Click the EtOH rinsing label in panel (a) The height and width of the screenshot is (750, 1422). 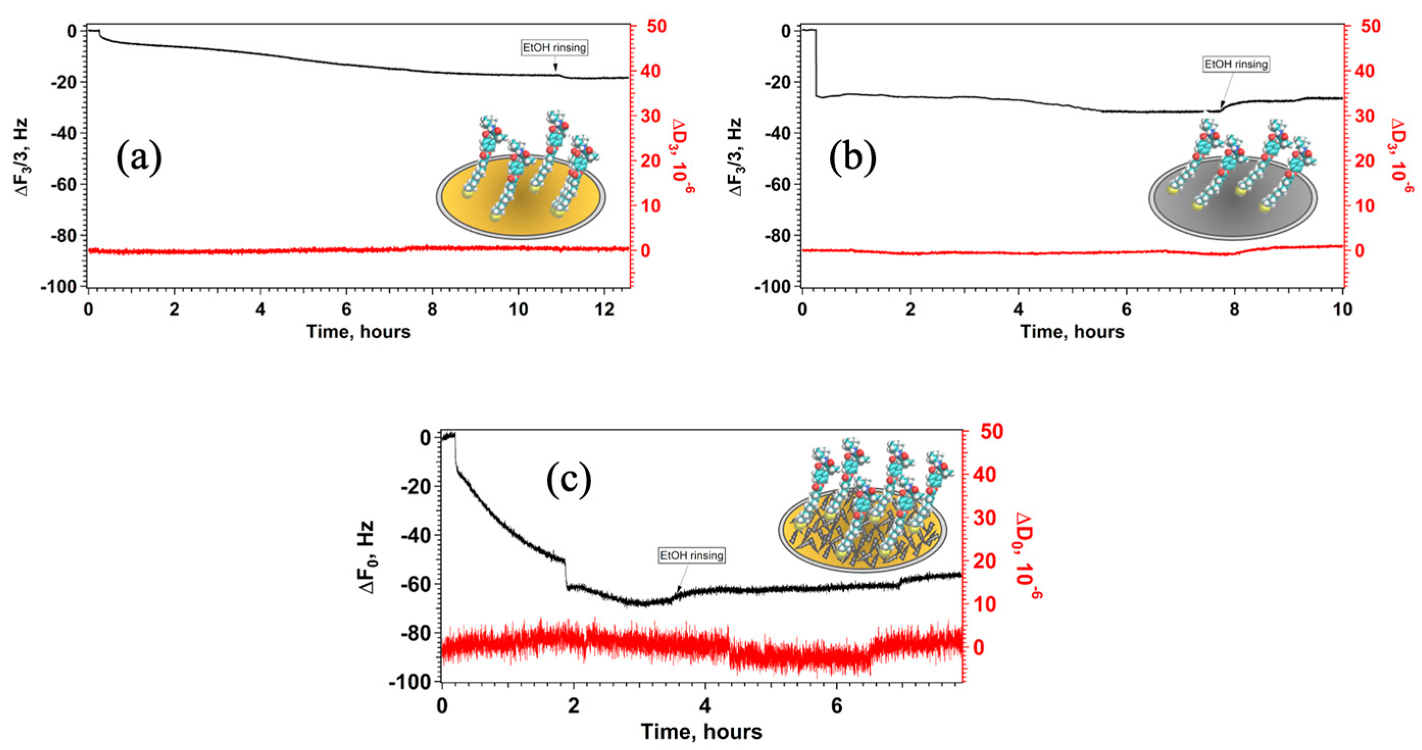(554, 47)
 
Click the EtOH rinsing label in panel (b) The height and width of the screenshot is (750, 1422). (1236, 64)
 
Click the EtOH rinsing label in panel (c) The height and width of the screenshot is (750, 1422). (692, 555)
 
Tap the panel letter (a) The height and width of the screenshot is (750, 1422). (139, 158)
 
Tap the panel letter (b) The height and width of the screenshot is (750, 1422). (852, 158)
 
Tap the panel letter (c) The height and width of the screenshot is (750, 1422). (569, 480)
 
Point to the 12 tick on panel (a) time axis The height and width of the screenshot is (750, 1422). (604, 309)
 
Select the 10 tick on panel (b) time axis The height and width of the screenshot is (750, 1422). (1342, 309)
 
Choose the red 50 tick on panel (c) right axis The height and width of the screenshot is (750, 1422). (992, 432)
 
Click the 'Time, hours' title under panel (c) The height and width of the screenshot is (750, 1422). (701, 732)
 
